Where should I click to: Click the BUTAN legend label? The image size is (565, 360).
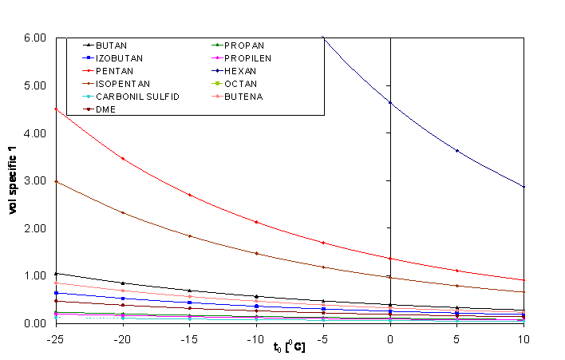pyautogui.click(x=111, y=45)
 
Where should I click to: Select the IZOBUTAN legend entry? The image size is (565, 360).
pyautogui.click(x=117, y=58)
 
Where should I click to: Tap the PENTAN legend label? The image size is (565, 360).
pyautogui.click(x=114, y=71)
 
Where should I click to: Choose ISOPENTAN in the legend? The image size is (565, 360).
pyautogui.click(x=122, y=84)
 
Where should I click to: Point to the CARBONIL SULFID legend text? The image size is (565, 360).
pyautogui.click(x=137, y=97)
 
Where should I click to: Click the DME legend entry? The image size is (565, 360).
pyautogui.click(x=105, y=109)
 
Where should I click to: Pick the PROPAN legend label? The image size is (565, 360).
pyautogui.click(x=244, y=45)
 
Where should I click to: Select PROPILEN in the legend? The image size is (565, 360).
pyautogui.click(x=247, y=58)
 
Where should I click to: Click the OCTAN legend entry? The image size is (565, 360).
pyautogui.click(x=240, y=84)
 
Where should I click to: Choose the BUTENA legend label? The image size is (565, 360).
pyautogui.click(x=243, y=97)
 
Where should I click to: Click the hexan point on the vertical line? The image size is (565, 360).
pyautogui.click(x=390, y=102)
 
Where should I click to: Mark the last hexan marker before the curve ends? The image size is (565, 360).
pyautogui.click(x=457, y=150)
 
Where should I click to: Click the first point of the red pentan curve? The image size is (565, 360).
pyautogui.click(x=56, y=109)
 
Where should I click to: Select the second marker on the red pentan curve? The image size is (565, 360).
pyautogui.click(x=123, y=159)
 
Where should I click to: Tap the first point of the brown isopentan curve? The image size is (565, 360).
pyautogui.click(x=56, y=182)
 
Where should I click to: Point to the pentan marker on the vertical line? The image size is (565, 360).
pyautogui.click(x=390, y=259)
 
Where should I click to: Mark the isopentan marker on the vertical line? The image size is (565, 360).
pyautogui.click(x=390, y=277)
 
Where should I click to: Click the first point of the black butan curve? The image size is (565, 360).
pyautogui.click(x=56, y=274)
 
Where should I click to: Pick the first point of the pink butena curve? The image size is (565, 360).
pyautogui.click(x=56, y=283)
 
